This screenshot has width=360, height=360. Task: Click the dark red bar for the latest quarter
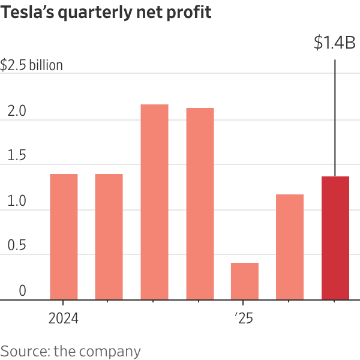335,238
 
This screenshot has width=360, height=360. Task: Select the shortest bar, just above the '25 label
245,281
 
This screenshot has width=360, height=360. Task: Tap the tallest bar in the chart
154,202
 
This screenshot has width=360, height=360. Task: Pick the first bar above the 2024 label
64,237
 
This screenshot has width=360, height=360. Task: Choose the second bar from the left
109,237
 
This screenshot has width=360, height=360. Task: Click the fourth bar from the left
200,204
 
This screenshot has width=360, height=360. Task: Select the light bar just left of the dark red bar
290,247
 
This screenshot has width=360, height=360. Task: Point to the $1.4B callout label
335,43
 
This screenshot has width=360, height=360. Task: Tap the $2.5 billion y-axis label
31,65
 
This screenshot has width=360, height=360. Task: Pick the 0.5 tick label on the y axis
13,246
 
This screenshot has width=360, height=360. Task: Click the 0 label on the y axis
22,291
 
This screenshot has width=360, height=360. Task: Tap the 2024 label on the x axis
64,318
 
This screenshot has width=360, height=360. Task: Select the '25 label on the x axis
245,318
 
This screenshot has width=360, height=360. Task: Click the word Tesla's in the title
26,12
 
